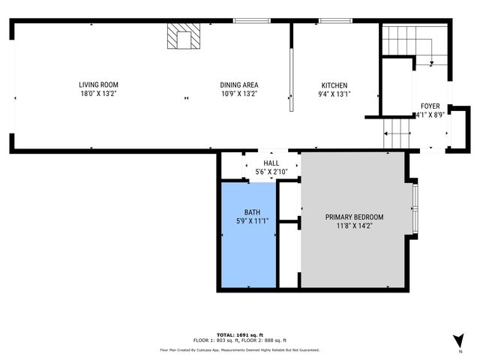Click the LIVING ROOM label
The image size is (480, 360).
[99, 85]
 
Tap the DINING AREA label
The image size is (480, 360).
[239, 85]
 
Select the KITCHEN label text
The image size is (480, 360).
[334, 85]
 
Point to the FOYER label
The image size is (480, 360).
[430, 106]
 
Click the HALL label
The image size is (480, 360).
[271, 163]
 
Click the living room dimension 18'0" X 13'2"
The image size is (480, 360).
[99, 94]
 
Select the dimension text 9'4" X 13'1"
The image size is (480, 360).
[334, 94]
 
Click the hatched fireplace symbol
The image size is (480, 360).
[184, 36]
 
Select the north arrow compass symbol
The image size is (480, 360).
[457, 339]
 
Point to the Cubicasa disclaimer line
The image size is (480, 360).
[240, 349]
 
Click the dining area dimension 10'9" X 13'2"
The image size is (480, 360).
[239, 94]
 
